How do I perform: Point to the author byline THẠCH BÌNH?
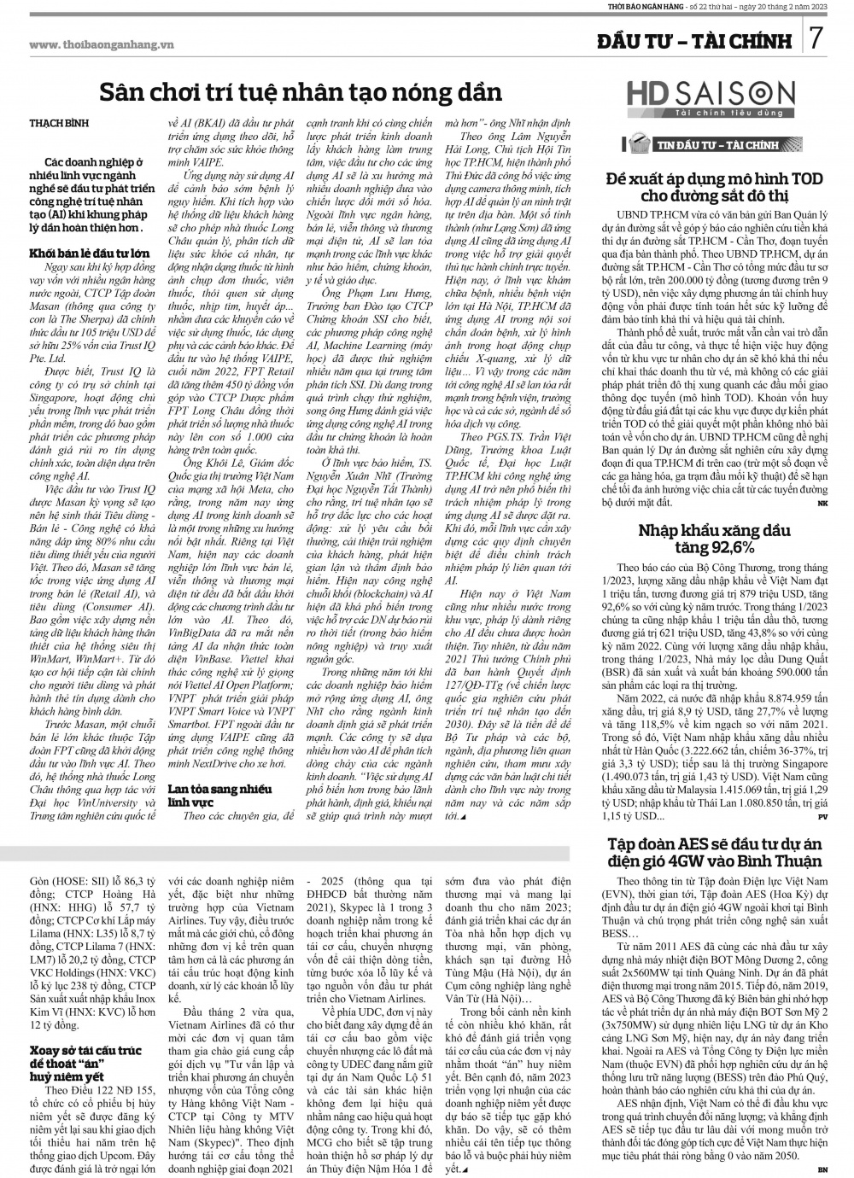[58, 124]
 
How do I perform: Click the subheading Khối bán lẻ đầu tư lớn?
[90, 254]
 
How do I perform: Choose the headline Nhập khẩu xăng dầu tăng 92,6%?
[719, 539]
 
